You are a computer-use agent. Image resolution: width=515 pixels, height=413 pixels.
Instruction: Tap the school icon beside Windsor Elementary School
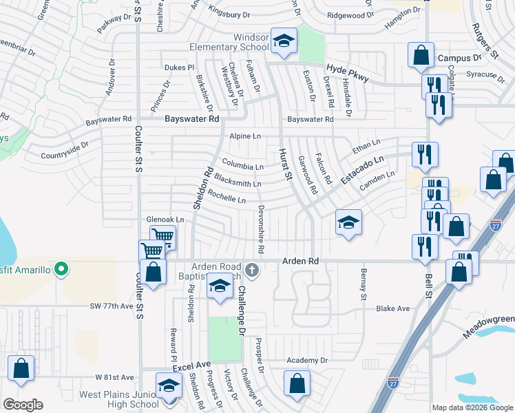283,41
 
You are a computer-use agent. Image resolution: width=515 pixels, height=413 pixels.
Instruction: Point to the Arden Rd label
301,262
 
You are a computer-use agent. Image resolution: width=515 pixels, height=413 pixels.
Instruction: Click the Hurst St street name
283,165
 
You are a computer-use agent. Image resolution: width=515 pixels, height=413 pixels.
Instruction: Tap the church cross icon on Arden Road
253,270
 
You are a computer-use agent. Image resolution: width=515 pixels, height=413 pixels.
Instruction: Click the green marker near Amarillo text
61,269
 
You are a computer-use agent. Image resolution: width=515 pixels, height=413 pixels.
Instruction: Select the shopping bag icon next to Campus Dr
420,55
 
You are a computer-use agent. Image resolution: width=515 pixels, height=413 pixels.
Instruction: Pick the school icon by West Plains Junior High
167,386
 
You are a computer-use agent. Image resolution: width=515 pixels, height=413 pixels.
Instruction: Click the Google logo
23,405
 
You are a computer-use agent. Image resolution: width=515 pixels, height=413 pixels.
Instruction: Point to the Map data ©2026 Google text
472,407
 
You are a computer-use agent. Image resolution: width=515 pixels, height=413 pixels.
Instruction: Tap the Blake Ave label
393,308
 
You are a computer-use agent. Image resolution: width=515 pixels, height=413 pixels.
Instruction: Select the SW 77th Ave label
110,306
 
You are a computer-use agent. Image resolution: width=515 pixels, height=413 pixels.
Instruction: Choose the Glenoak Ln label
166,220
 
